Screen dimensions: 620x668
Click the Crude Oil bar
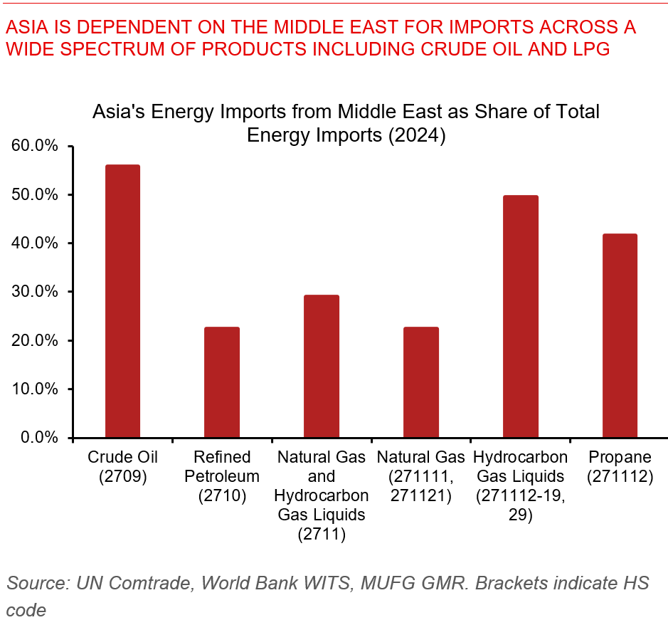(122, 301)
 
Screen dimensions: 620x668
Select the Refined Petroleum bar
(222, 382)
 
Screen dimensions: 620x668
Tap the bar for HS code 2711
(322, 366)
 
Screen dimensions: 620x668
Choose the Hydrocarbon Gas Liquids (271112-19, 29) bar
(521, 316)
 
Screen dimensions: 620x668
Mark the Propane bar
(620, 335)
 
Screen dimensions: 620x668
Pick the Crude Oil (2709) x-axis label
(122, 466)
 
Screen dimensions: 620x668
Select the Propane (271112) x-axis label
(620, 466)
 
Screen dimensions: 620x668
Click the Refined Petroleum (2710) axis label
(222, 476)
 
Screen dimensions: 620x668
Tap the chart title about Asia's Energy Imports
(346, 123)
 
